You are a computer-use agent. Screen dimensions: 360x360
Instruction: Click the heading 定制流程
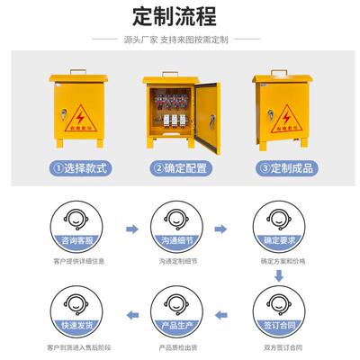(179, 16)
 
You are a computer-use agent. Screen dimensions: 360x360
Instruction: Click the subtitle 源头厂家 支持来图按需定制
(180, 40)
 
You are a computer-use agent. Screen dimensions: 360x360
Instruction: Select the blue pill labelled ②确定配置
(179, 167)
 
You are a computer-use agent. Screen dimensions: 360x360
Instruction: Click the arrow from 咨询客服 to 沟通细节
(129, 230)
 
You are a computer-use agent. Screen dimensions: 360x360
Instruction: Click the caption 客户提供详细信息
(78, 260)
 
